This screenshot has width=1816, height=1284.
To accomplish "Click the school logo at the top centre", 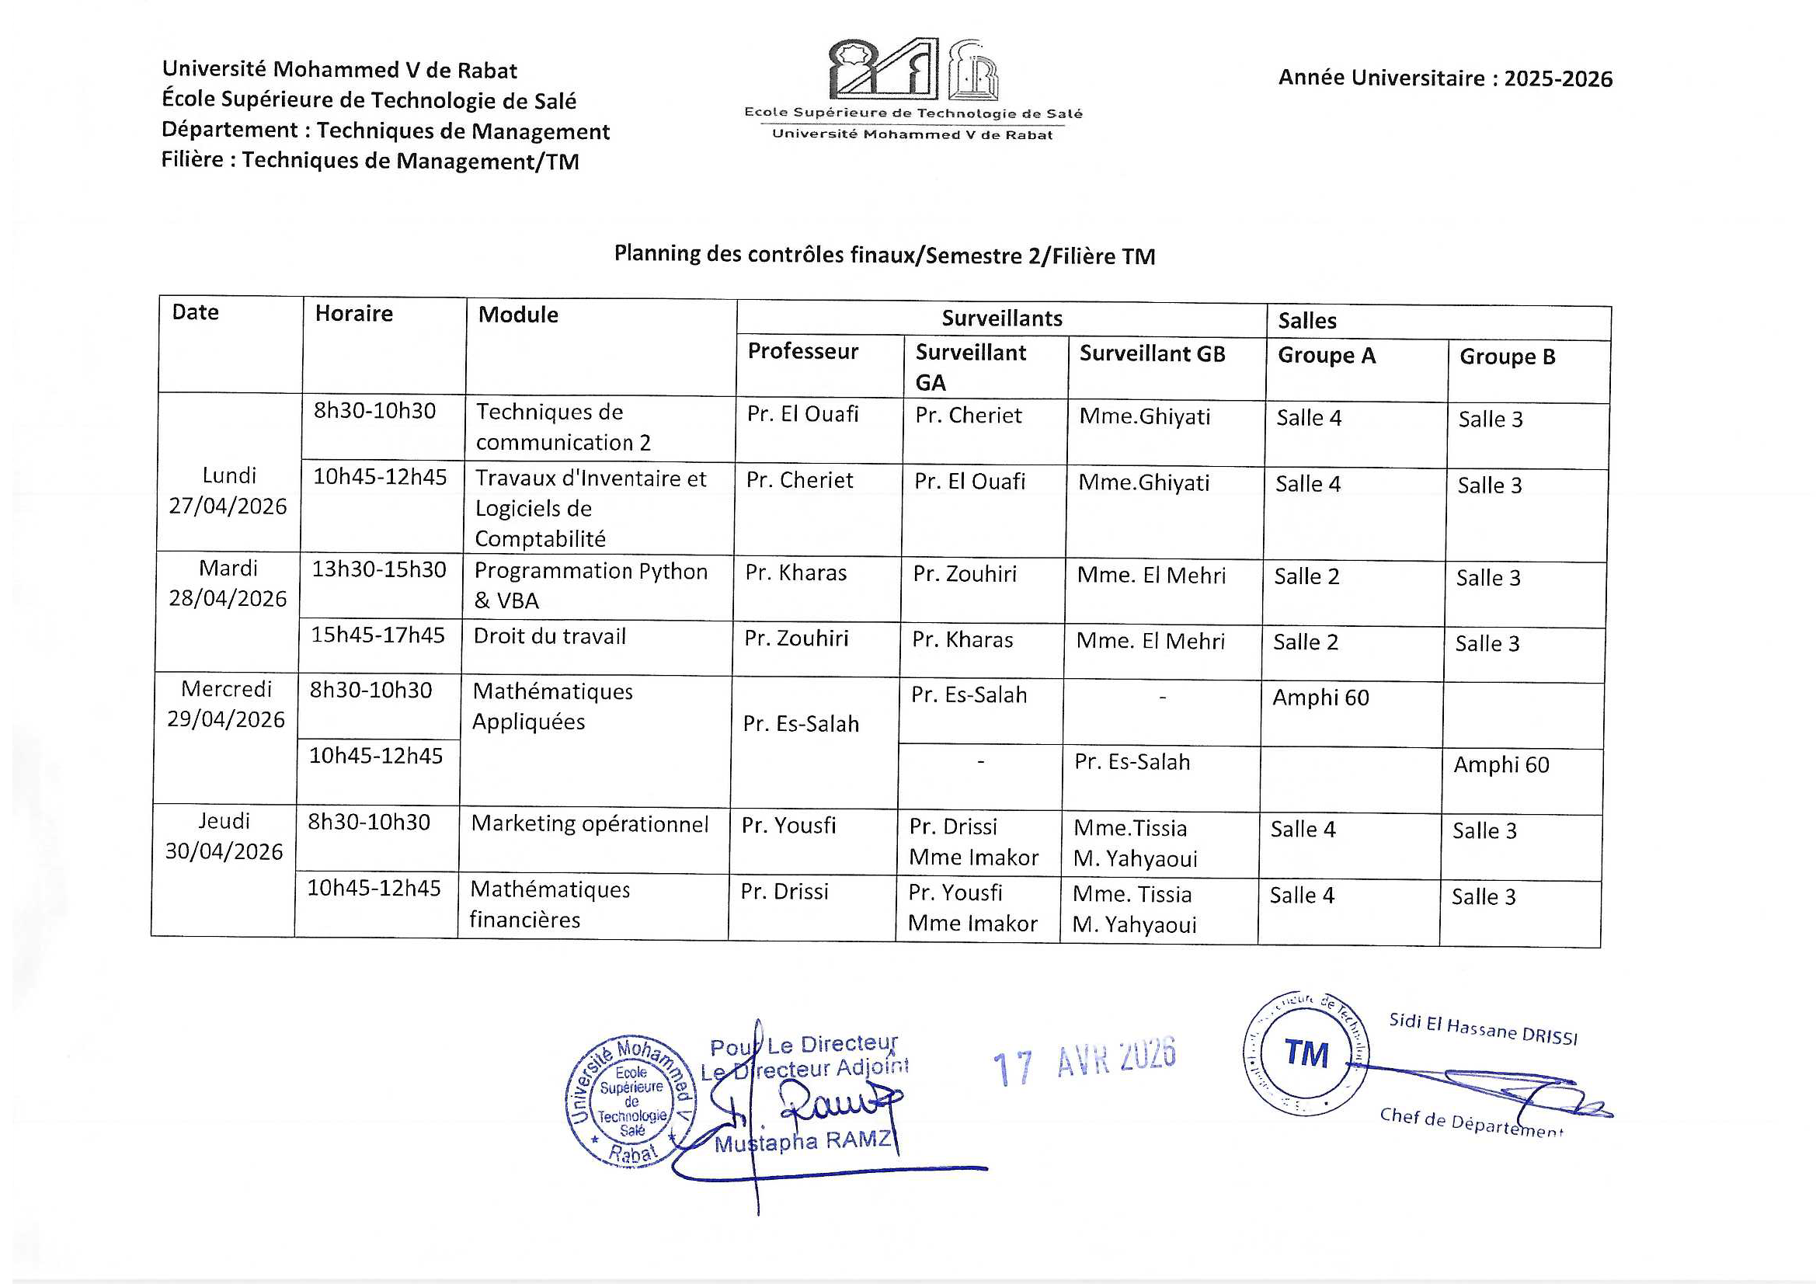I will point(913,79).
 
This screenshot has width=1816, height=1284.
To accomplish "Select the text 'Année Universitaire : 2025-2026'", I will point(1445,78).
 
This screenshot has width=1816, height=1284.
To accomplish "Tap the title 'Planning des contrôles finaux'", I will point(884,255).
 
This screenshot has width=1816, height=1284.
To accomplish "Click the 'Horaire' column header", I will point(353,314).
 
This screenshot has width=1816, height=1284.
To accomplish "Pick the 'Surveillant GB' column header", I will point(1152,353).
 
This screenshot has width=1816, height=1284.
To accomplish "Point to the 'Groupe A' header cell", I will point(1327,356).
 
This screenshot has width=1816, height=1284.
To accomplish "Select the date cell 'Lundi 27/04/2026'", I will point(228,490).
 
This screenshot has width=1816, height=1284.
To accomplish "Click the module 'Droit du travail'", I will point(550,636).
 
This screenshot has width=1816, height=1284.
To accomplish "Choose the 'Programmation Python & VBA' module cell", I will point(590,586).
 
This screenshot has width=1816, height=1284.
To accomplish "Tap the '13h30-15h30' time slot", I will point(379,569).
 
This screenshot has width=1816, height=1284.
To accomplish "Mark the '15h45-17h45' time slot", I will point(378,635).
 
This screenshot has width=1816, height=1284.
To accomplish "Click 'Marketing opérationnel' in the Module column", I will point(590,824).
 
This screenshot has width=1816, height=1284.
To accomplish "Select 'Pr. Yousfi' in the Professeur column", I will point(788,825).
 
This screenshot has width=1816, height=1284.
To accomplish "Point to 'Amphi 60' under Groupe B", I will point(1501,765).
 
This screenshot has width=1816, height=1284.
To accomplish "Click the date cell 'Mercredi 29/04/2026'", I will point(226,703).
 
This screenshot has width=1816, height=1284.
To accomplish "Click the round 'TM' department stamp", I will point(1306,1054).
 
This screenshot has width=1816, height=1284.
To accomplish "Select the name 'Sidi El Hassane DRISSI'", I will point(1483,1028).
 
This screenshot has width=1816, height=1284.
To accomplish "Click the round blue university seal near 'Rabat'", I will point(632,1101).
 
